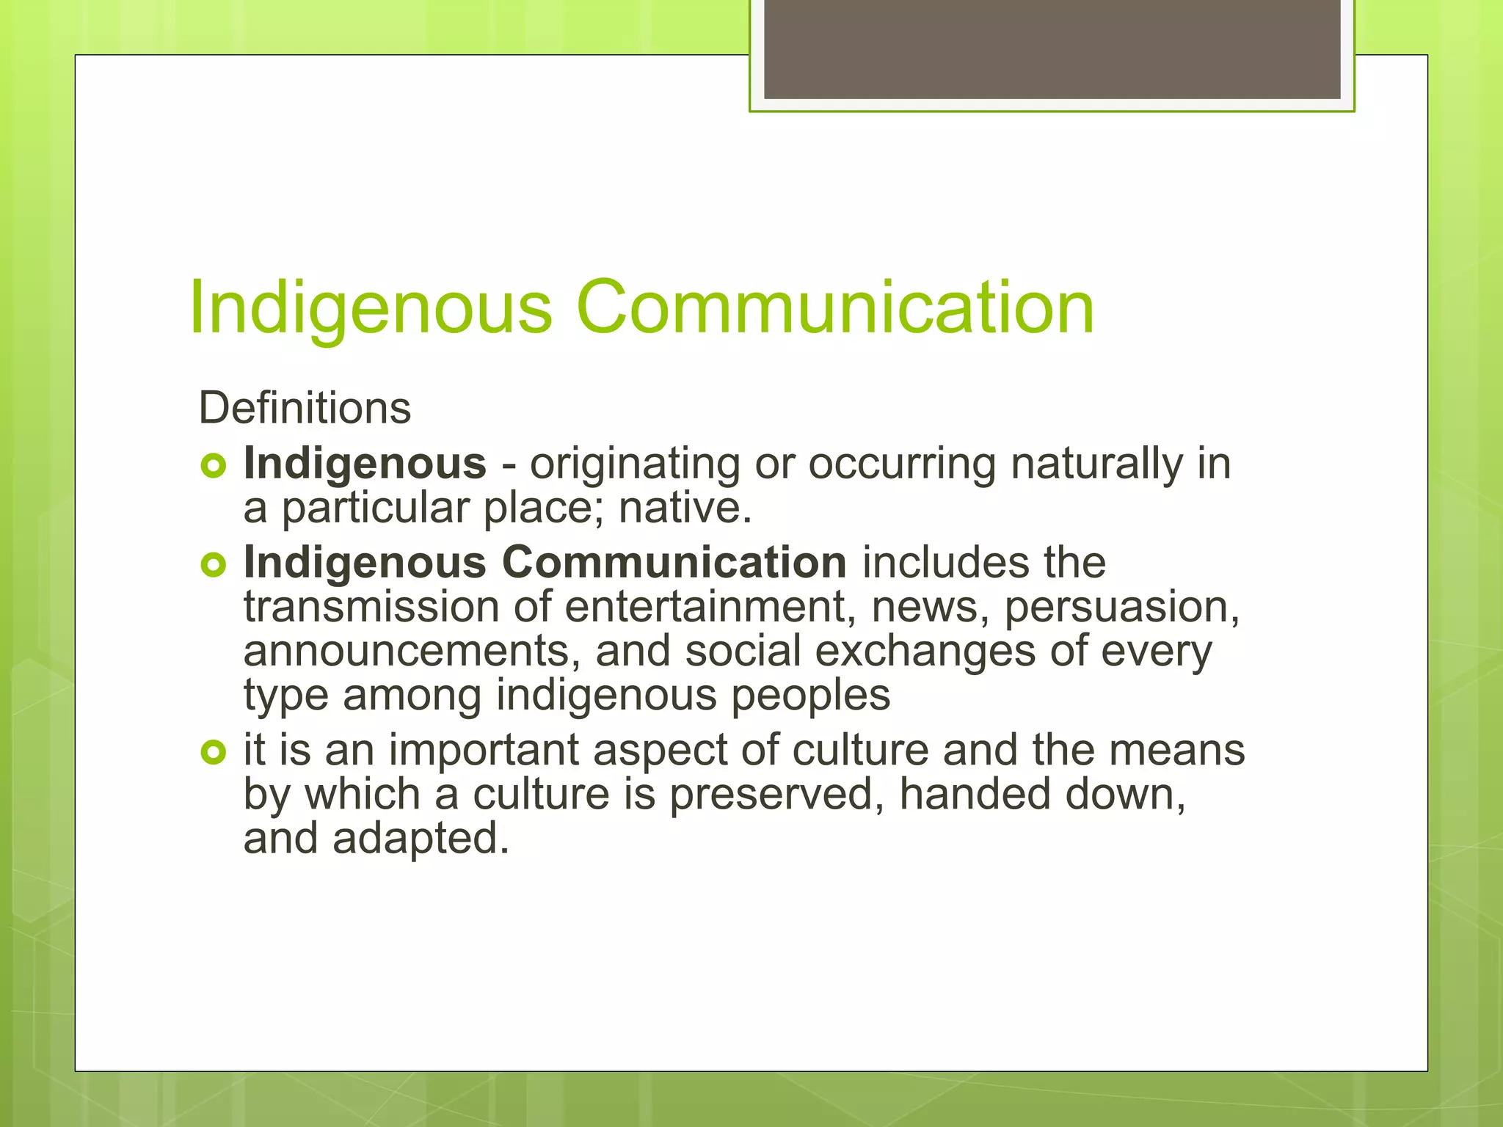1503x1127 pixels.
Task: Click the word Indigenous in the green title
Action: coord(370,308)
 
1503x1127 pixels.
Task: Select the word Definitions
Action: coord(305,408)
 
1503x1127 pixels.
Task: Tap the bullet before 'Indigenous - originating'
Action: coord(213,465)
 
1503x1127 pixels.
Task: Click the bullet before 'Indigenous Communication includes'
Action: coord(213,564)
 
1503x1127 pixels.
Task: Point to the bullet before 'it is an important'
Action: coord(213,751)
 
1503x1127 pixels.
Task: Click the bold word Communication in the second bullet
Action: coord(674,562)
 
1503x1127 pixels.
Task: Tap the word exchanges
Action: coord(925,652)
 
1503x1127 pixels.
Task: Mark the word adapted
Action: coord(421,839)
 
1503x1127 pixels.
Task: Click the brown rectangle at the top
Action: coord(1052,49)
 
